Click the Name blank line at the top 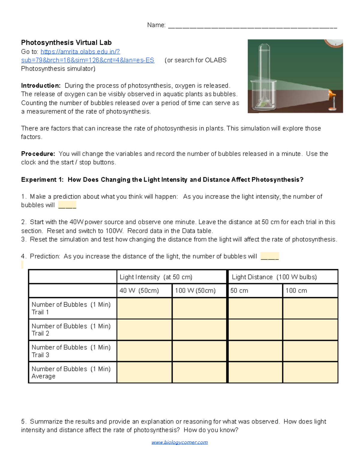point(252,26)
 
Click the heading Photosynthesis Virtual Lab point(66,43)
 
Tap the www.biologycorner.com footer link point(179,442)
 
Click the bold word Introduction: point(41,86)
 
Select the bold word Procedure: point(38,154)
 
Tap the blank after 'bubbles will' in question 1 point(67,205)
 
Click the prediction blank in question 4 point(270,257)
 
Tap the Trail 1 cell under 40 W point(144,308)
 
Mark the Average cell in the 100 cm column point(310,372)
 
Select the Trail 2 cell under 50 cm point(255,329)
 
